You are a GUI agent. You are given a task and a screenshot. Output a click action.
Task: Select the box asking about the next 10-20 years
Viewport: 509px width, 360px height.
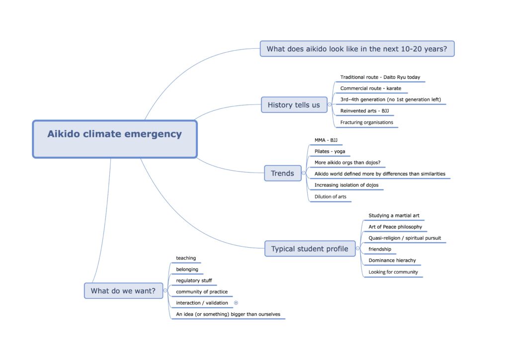tap(357, 49)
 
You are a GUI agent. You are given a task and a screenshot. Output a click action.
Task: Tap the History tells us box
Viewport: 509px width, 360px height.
tap(294, 105)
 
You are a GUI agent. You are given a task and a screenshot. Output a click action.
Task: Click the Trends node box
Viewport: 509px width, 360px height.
tap(282, 173)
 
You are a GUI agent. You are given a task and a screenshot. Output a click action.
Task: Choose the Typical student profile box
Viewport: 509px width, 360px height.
tap(309, 249)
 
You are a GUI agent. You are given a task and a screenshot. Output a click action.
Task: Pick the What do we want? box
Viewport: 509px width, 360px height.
tap(123, 291)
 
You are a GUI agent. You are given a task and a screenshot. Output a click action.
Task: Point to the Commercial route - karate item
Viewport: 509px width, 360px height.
tap(370, 89)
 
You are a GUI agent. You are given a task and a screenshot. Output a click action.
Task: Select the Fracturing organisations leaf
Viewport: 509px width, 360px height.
tap(366, 122)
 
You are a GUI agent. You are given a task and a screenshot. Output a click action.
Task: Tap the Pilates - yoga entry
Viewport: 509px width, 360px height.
tap(330, 151)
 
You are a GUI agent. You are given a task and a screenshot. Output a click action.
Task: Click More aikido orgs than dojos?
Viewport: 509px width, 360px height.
tap(350, 163)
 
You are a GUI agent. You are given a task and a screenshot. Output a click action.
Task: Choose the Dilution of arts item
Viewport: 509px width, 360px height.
tap(330, 196)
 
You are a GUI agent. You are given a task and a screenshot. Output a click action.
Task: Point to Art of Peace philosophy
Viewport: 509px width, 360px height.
tap(395, 227)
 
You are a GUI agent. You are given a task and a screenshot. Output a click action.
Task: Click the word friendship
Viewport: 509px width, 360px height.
tap(380, 249)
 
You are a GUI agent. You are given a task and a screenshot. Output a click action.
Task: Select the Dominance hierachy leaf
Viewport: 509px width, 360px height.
tap(392, 261)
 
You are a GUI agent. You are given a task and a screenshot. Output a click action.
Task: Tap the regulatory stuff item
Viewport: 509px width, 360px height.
tap(194, 280)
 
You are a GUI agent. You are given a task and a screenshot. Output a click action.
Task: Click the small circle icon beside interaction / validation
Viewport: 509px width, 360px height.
tap(236, 302)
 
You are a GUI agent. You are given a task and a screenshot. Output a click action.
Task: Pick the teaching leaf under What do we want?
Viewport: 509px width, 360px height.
tap(186, 258)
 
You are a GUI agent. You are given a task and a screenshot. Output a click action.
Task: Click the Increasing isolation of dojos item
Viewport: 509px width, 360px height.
tap(346, 185)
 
